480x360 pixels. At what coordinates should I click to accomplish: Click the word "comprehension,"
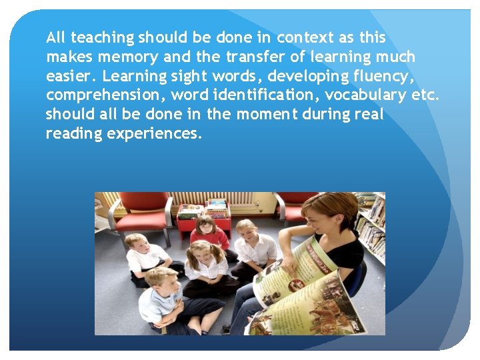[109, 95]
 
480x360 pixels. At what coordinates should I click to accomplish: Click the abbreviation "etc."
[426, 95]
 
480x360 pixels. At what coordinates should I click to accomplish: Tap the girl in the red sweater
[207, 233]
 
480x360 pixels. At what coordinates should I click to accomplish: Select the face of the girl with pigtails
[198, 254]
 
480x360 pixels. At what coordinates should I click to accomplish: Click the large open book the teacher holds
[300, 287]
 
